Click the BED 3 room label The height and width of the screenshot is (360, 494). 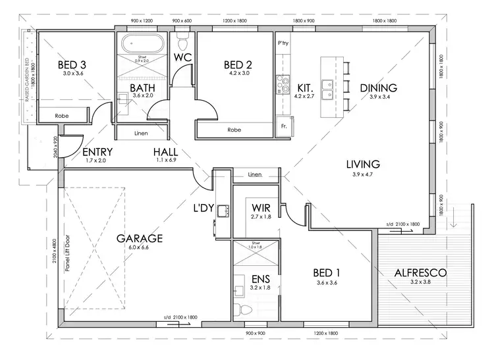click(x=72, y=64)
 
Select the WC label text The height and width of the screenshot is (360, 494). click(x=182, y=57)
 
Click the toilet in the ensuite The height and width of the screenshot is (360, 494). click(x=245, y=309)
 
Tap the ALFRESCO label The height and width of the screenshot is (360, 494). click(x=420, y=272)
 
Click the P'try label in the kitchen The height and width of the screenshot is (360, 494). click(x=284, y=43)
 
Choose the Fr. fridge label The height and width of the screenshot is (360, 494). click(x=284, y=126)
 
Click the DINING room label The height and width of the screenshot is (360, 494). click(x=378, y=88)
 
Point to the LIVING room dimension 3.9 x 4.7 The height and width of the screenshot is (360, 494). click(x=366, y=174)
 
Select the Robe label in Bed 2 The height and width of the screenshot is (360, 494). click(x=234, y=130)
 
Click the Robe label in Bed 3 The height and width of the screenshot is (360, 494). click(x=63, y=115)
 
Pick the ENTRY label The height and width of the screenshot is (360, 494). click(x=97, y=153)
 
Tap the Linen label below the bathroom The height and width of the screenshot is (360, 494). click(x=141, y=134)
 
